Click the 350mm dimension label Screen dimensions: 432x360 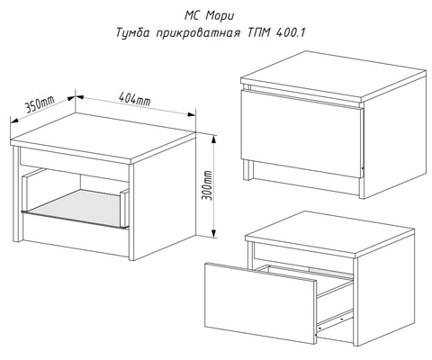(x=40, y=103)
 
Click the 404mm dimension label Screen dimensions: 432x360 (x=134, y=98)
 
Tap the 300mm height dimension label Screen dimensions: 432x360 (x=207, y=185)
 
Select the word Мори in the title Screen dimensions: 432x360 (x=220, y=16)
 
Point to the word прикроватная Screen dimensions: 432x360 (x=198, y=33)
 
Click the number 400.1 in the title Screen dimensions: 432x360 (x=289, y=32)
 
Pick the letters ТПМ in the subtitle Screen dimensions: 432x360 (x=257, y=32)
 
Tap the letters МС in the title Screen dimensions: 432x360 (x=192, y=16)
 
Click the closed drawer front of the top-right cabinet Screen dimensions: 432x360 (x=301, y=134)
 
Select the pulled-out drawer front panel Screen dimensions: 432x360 (x=260, y=303)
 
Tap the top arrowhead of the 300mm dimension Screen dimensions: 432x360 (x=213, y=139)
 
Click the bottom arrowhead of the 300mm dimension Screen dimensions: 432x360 (x=213, y=233)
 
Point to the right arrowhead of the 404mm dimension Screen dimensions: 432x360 (x=192, y=114)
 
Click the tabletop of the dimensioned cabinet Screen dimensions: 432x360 (x=103, y=138)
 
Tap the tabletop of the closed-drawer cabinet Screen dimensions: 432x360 (x=333, y=76)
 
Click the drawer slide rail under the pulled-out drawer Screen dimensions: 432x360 (x=335, y=320)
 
